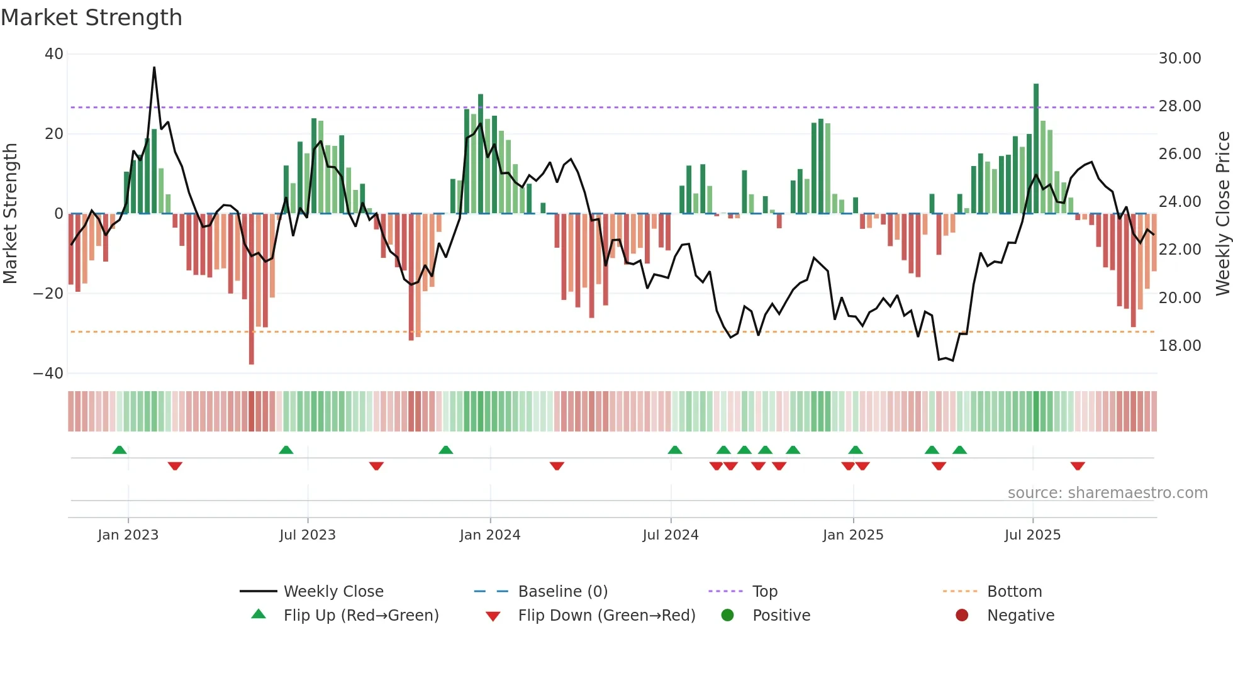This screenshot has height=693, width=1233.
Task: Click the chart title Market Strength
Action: tap(91, 18)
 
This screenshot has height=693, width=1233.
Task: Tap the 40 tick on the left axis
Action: tap(54, 54)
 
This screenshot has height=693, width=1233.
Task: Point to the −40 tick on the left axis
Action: tap(48, 374)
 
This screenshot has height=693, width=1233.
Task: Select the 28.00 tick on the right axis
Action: tap(1180, 106)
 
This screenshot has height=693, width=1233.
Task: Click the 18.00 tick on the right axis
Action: tap(1180, 346)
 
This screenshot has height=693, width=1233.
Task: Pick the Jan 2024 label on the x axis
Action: tap(490, 535)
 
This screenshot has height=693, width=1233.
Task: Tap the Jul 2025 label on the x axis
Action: tap(1032, 535)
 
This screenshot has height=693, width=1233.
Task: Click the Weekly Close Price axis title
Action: tap(1222, 214)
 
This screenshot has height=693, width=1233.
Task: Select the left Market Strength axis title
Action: tap(11, 214)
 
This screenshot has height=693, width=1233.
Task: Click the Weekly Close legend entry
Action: tap(333, 592)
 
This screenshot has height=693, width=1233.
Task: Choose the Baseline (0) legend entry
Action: tap(562, 592)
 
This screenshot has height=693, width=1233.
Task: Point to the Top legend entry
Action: tap(764, 592)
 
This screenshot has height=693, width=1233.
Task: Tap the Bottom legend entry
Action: tap(1014, 592)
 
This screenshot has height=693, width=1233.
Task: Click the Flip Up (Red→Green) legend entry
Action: tap(360, 616)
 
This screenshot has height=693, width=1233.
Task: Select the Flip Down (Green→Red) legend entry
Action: tap(606, 616)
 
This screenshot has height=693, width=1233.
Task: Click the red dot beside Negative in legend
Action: tap(962, 616)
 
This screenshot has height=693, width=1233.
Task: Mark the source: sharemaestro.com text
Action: tap(1107, 493)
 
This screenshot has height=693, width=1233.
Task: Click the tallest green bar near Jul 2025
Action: tap(1036, 148)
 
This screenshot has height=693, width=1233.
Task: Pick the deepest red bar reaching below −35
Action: tap(252, 289)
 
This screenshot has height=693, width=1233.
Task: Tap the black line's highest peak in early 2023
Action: tap(154, 68)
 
